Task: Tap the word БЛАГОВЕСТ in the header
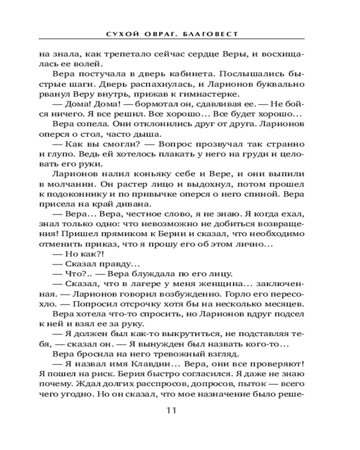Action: [x=212, y=34]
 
